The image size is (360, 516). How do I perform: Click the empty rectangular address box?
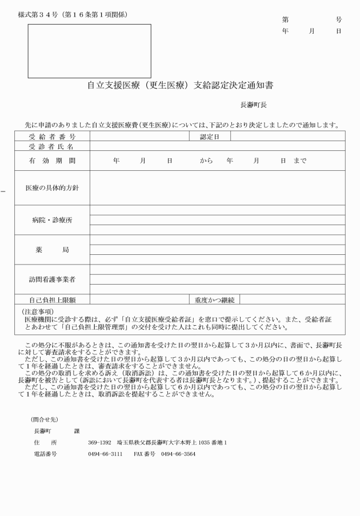click(x=90, y=51)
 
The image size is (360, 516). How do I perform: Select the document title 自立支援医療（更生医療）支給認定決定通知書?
click(x=180, y=86)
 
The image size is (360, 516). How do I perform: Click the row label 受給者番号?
click(x=52, y=137)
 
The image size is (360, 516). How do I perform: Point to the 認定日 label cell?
click(x=210, y=137)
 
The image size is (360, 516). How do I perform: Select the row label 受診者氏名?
click(x=52, y=146)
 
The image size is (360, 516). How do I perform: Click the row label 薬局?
click(x=52, y=250)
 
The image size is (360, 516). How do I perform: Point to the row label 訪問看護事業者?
click(x=52, y=279)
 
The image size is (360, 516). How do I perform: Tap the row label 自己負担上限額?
click(x=52, y=299)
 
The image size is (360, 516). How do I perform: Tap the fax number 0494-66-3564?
click(x=178, y=455)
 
